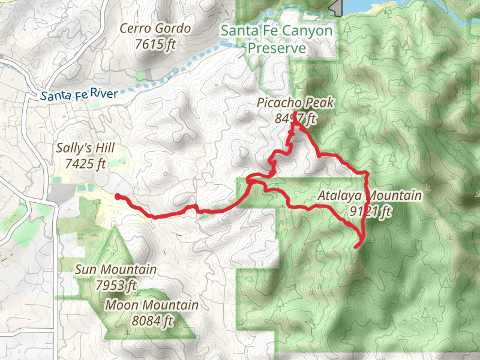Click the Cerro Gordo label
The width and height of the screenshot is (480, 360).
(x=155, y=28)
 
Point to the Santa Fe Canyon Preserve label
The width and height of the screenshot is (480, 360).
(x=277, y=39)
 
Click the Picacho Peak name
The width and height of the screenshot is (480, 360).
(x=295, y=103)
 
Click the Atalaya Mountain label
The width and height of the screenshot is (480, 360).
(x=370, y=196)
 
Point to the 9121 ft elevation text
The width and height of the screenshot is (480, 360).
(x=370, y=211)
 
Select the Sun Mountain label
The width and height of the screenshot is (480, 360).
(x=116, y=270)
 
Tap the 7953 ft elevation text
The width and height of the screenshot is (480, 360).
(x=116, y=285)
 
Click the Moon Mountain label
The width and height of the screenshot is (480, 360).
(x=151, y=305)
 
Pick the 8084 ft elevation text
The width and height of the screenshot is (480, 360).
(x=151, y=320)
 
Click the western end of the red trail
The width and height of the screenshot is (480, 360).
(x=117, y=196)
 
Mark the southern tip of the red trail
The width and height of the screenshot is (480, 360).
(x=357, y=246)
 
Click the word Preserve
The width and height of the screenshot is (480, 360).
(x=277, y=48)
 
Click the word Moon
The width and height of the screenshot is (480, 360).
(x=119, y=305)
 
